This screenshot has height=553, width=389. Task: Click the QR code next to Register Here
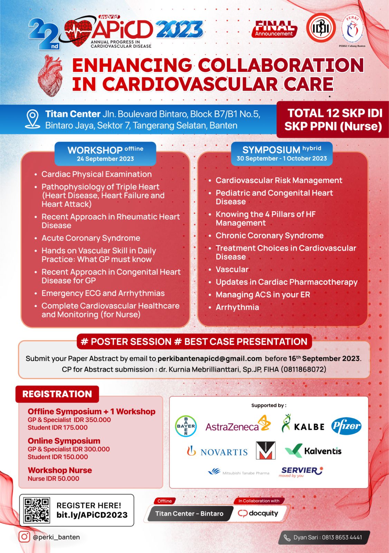[x=37, y=510]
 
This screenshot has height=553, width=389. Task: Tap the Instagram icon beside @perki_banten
[x=24, y=537]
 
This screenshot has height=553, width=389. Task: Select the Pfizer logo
[x=346, y=426]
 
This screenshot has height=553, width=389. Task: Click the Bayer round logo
[x=186, y=426]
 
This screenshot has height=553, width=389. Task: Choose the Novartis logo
[x=217, y=451]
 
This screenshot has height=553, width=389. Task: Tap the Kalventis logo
[x=313, y=451]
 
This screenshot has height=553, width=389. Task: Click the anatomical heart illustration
[x=51, y=76]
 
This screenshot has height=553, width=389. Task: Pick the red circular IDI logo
[x=321, y=28]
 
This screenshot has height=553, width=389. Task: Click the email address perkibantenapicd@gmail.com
[x=210, y=358]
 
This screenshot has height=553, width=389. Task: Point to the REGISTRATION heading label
[x=57, y=394]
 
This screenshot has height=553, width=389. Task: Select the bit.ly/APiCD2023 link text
[x=92, y=515]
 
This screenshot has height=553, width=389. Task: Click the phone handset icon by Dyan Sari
[x=287, y=537]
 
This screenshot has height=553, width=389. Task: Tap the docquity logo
[x=258, y=513]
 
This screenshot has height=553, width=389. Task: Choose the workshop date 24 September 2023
[x=105, y=159]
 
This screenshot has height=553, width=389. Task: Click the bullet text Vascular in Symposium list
[x=232, y=270]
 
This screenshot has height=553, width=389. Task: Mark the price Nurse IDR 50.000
[x=54, y=479]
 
